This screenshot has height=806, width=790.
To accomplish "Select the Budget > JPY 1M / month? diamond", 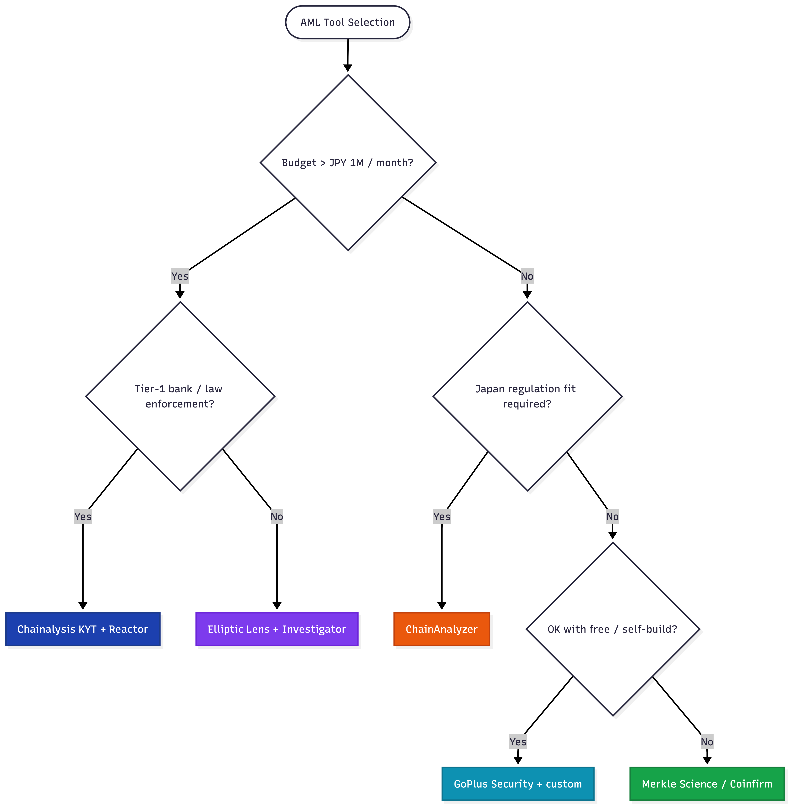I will pos(348,163).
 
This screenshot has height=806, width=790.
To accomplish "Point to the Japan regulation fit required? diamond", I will pos(527,396).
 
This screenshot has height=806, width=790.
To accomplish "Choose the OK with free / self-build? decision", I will pos(612,629).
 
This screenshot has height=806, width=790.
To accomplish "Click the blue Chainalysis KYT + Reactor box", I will pos(83,629).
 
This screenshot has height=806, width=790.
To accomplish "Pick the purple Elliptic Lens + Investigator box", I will pos(277,629).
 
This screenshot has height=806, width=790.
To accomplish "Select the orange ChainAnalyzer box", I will pos(442,629).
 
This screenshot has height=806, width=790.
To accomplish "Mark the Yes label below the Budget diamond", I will pos(180,276).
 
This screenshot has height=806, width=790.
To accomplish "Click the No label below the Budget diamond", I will pos(527,276).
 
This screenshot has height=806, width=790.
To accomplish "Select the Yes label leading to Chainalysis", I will pos(83,517).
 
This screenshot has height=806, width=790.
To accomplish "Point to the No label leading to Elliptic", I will pos(277,517).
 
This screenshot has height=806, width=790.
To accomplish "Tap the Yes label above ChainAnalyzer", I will pos(442,517).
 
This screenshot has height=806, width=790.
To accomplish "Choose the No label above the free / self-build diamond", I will pos(612,517).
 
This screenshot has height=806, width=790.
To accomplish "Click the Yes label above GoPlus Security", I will pos(518,742).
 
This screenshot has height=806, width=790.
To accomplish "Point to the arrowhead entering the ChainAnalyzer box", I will pos(442,606).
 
